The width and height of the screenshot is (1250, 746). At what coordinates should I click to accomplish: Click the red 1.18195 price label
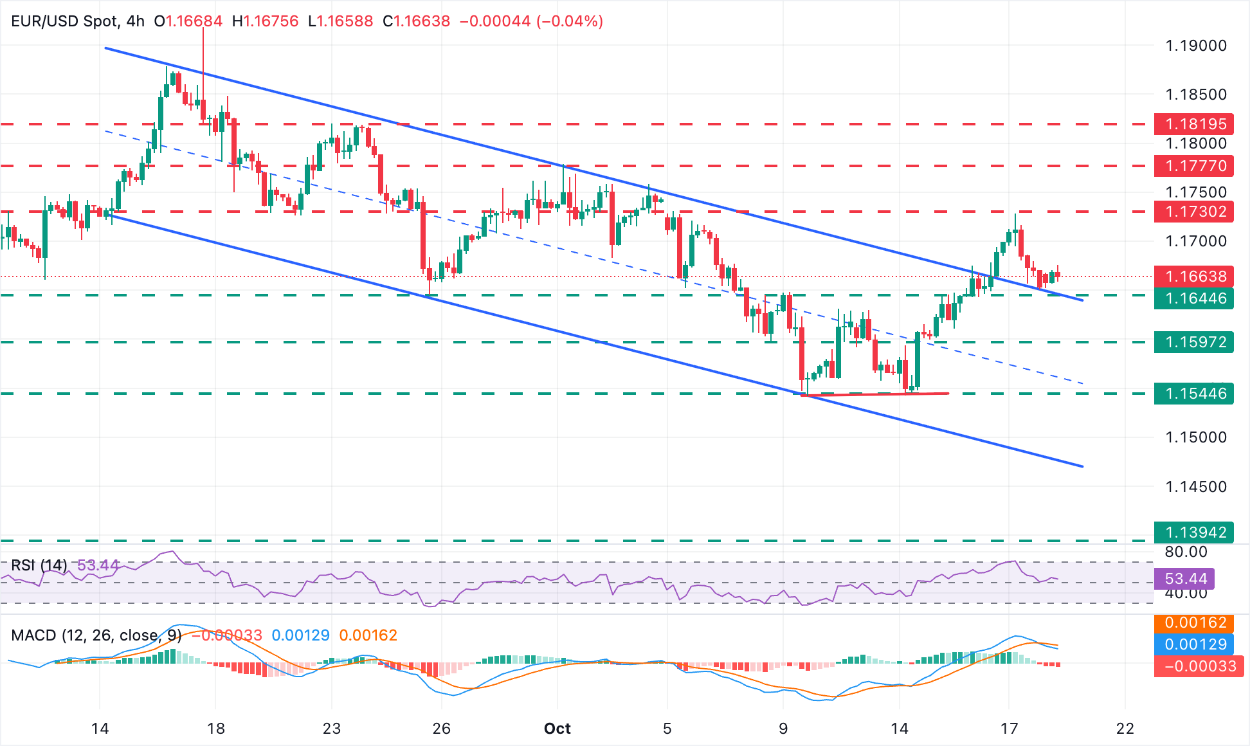[x=1193, y=123]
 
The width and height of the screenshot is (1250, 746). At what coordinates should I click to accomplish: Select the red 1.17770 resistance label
[x=1193, y=166]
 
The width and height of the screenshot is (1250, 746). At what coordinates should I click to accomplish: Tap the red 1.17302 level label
[x=1193, y=212]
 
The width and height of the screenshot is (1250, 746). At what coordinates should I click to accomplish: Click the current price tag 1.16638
[x=1193, y=277]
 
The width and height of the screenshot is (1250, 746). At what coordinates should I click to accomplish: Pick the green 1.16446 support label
[x=1193, y=298]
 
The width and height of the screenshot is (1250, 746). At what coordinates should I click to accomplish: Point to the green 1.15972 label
[x=1193, y=342]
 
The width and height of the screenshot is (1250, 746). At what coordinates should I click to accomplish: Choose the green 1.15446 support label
[x=1193, y=394]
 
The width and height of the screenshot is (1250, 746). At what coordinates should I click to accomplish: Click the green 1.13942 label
[x=1193, y=532]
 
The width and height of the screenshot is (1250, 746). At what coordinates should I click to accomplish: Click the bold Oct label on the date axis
[x=557, y=729]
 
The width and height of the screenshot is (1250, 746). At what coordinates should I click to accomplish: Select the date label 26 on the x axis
[x=441, y=729]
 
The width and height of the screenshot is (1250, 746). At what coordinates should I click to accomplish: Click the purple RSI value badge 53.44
[x=1184, y=579]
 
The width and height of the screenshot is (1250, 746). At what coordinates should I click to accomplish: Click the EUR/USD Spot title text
[x=64, y=21]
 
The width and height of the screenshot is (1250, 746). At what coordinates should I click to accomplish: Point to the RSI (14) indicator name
[x=39, y=565]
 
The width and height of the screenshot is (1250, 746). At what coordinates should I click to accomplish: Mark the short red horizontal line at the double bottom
[x=874, y=394]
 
